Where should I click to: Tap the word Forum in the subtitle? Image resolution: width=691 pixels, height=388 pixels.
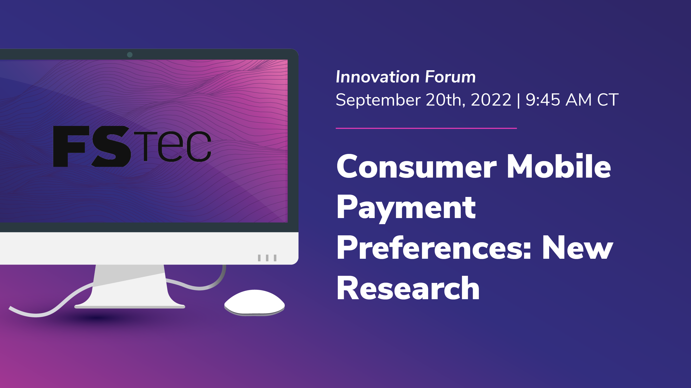tap(450, 77)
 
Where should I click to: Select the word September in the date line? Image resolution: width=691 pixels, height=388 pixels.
tap(378, 100)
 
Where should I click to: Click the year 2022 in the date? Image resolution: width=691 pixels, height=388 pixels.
tap(491, 100)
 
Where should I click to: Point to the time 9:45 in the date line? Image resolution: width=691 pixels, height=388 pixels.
tap(543, 100)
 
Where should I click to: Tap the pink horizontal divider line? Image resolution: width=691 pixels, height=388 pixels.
tap(426, 128)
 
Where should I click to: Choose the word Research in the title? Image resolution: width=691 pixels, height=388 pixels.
tap(408, 288)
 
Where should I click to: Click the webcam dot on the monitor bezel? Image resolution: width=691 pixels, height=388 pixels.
tap(130, 55)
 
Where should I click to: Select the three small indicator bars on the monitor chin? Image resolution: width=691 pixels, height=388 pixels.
tap(267, 258)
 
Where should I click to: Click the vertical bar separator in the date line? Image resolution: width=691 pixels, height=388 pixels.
tap(518, 100)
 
